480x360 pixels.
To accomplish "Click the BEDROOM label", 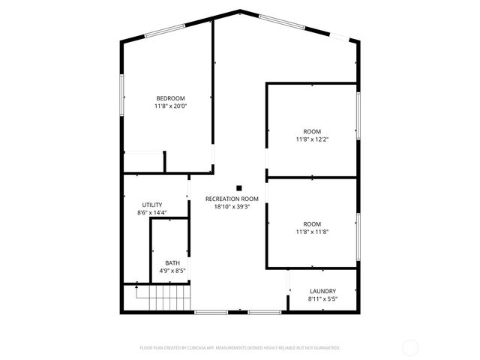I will [x=170, y=99].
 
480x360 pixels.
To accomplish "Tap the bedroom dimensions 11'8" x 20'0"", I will [x=170, y=106].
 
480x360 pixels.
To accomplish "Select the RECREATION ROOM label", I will [x=232, y=199].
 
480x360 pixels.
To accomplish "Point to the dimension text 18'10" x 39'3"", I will [x=232, y=207].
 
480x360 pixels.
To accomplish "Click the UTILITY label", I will [x=152, y=205].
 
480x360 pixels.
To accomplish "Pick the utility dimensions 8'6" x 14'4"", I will [x=152, y=213].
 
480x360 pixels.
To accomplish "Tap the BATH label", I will [x=172, y=262].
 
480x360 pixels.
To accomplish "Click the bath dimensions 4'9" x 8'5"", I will [x=172, y=270].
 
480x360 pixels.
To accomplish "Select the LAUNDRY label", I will [x=322, y=291].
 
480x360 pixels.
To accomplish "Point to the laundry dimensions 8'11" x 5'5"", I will [x=322, y=299].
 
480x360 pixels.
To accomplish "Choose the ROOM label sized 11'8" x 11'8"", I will [x=311, y=223].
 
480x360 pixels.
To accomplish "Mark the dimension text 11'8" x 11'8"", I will [x=311, y=232].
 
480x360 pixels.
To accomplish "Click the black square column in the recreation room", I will [x=239, y=188].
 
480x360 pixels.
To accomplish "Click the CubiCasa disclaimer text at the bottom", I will [x=240, y=348].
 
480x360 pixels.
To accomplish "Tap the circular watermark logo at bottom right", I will [x=410, y=347].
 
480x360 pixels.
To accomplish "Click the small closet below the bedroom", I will [x=143, y=162].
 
